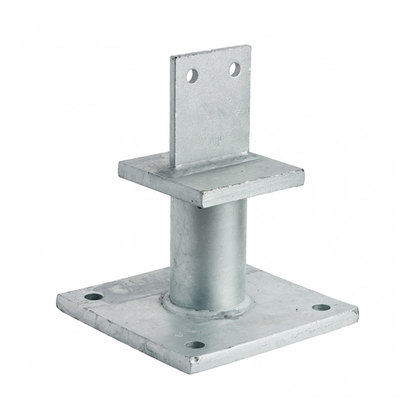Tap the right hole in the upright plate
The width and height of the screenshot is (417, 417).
coord(235,69)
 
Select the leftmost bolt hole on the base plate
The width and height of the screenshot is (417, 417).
coord(93,297)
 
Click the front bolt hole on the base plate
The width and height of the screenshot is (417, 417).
coord(195,345)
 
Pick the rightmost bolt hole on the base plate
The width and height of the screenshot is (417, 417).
coord(321,307)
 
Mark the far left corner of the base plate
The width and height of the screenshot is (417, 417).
coord(58,296)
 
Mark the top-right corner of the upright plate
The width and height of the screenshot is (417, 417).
coord(250,46)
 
